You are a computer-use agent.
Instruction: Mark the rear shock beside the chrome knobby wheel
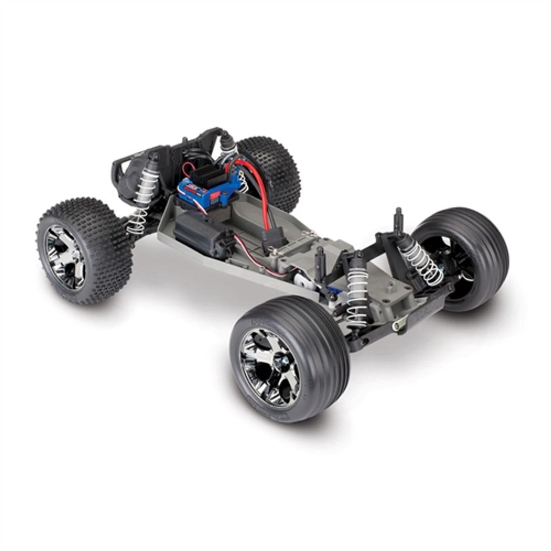142,198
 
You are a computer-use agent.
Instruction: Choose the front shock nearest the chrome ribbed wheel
356,293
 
